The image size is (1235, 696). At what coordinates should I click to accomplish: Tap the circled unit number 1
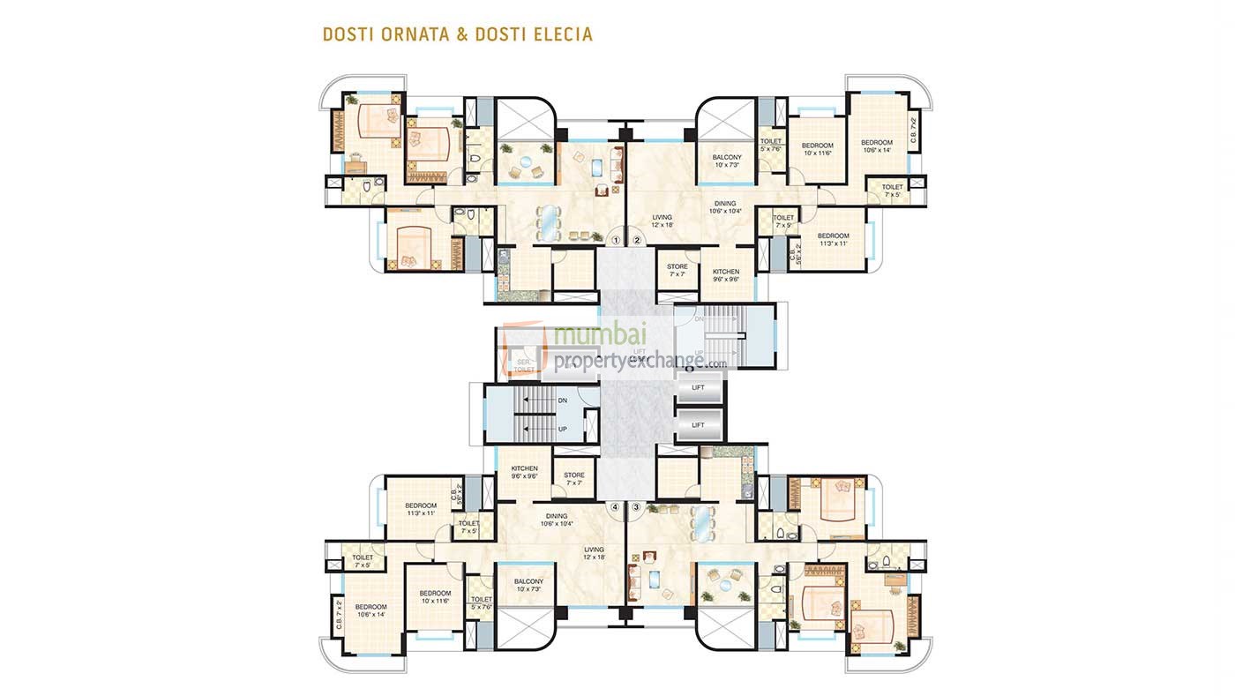[x=617, y=239]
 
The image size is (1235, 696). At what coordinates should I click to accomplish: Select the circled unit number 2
[x=636, y=239]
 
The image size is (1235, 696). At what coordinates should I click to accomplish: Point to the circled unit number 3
[x=636, y=507]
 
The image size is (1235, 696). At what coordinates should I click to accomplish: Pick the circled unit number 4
[x=617, y=507]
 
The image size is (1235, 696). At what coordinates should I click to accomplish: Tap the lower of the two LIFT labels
[x=698, y=425]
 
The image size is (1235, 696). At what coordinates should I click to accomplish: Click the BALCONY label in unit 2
[x=727, y=161]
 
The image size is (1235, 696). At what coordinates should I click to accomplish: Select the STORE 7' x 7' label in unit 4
[x=574, y=479]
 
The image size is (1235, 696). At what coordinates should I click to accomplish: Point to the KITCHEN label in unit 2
[x=726, y=275]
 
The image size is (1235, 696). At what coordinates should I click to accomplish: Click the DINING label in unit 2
[x=724, y=206]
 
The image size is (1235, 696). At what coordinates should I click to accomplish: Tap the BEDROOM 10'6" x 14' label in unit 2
[x=877, y=146]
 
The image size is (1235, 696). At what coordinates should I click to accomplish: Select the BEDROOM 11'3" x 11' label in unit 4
[x=422, y=509]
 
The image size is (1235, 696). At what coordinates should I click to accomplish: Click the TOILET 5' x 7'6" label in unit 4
[x=481, y=603]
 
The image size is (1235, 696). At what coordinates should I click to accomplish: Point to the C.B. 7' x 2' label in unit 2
[x=914, y=131]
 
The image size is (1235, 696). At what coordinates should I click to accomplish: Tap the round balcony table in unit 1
[x=527, y=162]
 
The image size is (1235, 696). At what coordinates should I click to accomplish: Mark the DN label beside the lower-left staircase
[x=563, y=400]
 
